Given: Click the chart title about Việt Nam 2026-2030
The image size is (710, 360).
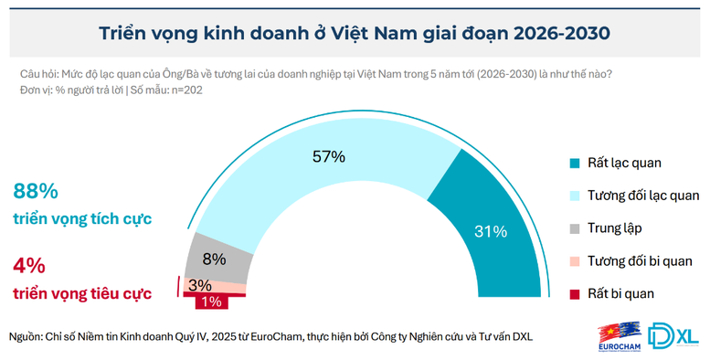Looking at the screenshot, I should [355, 33].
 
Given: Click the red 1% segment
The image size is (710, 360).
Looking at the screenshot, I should [211, 301].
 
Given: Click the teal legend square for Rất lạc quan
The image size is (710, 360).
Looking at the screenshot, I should [574, 163].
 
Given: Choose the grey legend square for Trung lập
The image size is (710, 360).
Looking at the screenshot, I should [574, 228].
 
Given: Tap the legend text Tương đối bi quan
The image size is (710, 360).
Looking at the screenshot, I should [643, 260].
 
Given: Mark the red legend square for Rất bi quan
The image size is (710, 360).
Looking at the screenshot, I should [574, 293].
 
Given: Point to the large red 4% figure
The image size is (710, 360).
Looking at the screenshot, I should [29, 266].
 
